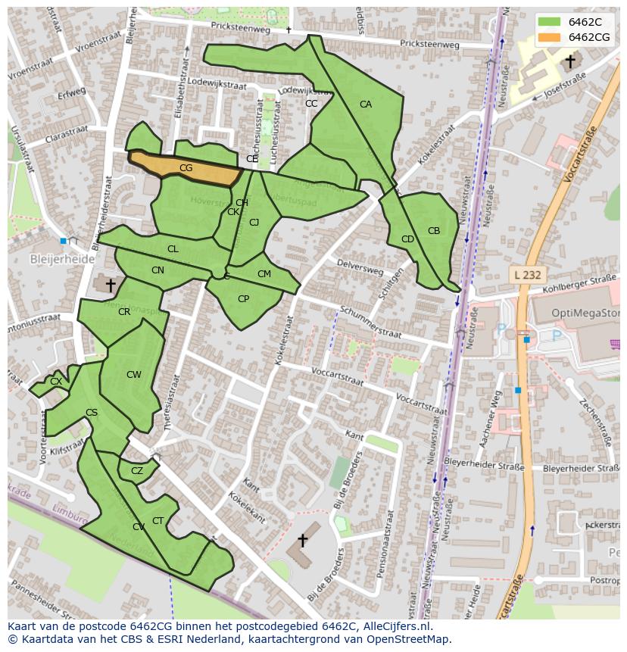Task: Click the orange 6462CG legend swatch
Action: pyautogui.click(x=550, y=37)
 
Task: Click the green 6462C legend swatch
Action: pyautogui.click(x=550, y=22)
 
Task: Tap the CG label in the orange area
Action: pyautogui.click(x=186, y=168)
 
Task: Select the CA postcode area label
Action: pyautogui.click(x=366, y=105)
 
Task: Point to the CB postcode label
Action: pyautogui.click(x=434, y=231)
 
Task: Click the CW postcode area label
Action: pyautogui.click(x=134, y=375)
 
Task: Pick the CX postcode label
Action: pyautogui.click(x=56, y=382)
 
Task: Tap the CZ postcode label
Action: pyautogui.click(x=137, y=471)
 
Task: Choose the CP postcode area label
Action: pyautogui.click(x=243, y=299)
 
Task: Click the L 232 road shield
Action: pyautogui.click(x=526, y=275)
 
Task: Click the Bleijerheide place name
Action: pyautogui.click(x=62, y=259)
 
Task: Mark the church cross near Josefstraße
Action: pyautogui.click(x=569, y=61)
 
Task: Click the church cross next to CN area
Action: pyautogui.click(x=111, y=285)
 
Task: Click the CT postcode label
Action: pyautogui.click(x=158, y=520)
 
